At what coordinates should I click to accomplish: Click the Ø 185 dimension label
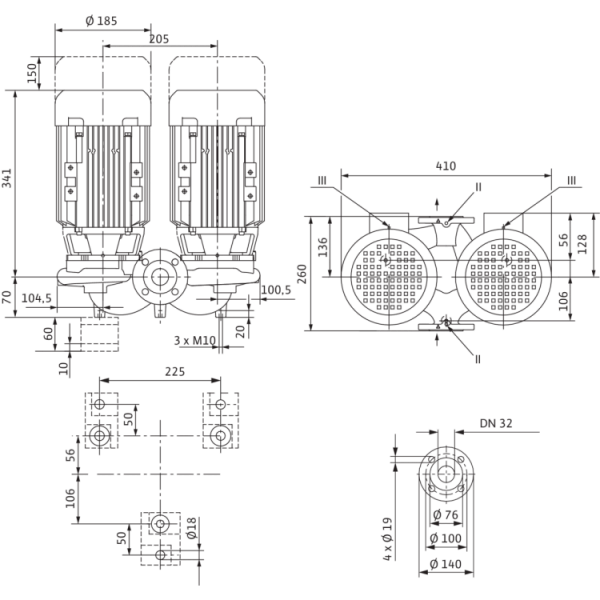[101, 21]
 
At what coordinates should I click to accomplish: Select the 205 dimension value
[159, 39]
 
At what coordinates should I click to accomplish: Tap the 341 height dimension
[8, 178]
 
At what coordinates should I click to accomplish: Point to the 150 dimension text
[32, 73]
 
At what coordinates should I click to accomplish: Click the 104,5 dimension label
[36, 298]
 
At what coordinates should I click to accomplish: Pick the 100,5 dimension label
[276, 290]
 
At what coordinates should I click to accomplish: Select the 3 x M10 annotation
[195, 340]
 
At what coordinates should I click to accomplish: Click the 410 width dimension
[446, 166]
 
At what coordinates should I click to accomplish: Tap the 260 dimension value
[302, 274]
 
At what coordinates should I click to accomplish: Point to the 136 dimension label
[323, 247]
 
